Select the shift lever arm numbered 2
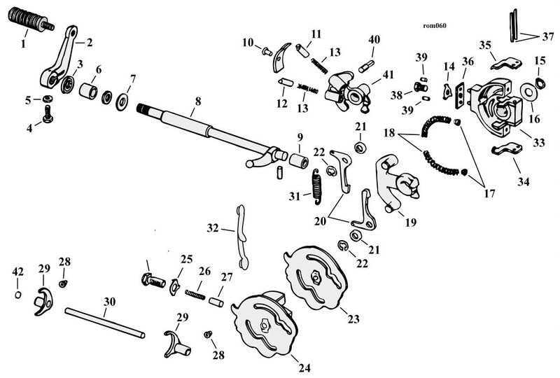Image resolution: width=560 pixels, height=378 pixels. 60,57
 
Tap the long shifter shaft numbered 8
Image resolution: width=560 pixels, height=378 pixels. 211,133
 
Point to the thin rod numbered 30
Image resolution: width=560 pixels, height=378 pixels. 104,323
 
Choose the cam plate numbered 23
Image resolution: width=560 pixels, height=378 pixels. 316,278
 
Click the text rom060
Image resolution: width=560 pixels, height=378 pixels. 434,26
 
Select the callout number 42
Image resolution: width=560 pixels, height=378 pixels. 18,272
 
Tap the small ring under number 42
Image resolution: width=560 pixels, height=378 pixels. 18,295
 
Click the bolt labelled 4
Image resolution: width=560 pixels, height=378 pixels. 48,113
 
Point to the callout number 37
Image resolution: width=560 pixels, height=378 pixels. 548,36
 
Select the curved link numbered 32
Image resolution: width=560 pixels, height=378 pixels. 242,237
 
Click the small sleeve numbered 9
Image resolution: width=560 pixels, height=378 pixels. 299,160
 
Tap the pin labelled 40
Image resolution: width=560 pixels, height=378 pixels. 367,66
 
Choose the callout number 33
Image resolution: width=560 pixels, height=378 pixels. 538,143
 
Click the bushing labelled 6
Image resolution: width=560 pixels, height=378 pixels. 88,91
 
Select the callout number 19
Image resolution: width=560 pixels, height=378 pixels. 411,222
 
